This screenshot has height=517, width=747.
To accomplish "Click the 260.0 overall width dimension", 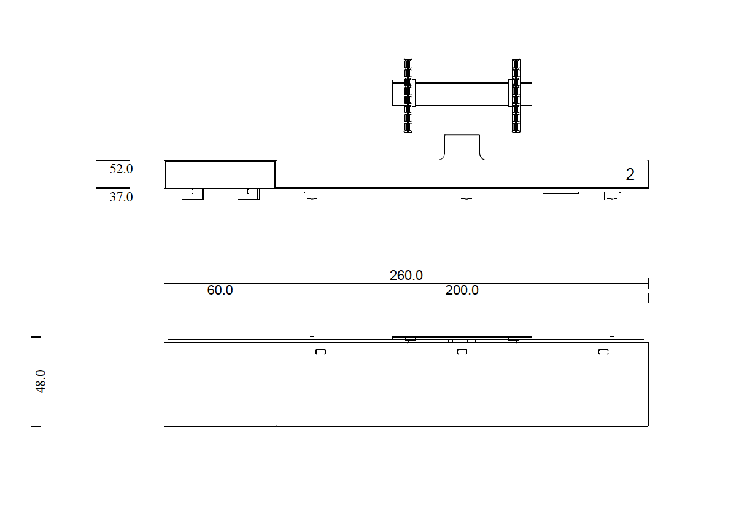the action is point(406,276).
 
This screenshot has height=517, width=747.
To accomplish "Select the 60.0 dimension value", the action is point(220,290).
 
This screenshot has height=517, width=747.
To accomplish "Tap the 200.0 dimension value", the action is point(462,290).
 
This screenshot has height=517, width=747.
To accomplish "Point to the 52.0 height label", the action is point(121,169).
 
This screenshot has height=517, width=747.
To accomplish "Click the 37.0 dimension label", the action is point(121,197).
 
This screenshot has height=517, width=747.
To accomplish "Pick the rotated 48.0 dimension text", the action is point(41,381).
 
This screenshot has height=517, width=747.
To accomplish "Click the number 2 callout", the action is point(630,174).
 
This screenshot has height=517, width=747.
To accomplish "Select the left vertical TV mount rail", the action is point(408,96).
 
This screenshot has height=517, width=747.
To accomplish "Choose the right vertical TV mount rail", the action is point(516,96).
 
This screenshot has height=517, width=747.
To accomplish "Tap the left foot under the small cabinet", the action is point(192,194).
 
